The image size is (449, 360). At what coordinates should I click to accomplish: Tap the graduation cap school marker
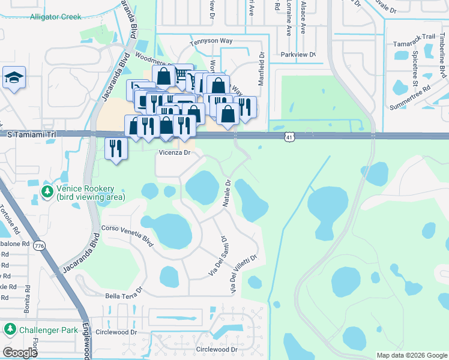tap(14, 78)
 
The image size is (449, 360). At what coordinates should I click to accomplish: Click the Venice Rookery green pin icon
tap(47, 191)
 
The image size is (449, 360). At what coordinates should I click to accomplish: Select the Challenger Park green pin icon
tap(10, 329)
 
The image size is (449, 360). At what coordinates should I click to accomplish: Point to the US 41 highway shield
tap(289, 137)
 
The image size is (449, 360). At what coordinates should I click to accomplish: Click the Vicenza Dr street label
tap(174, 153)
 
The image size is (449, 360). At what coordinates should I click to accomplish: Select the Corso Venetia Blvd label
tap(127, 234)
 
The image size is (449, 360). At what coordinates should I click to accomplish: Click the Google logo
tap(20, 353)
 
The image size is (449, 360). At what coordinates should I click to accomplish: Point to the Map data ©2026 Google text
tap(411, 355)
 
